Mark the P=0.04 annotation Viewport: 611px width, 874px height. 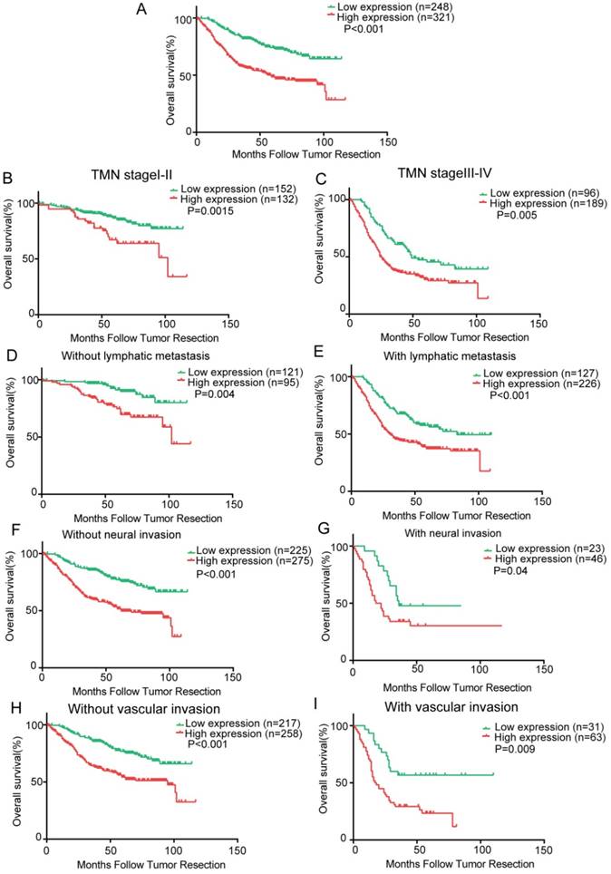pyautogui.click(x=510, y=570)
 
